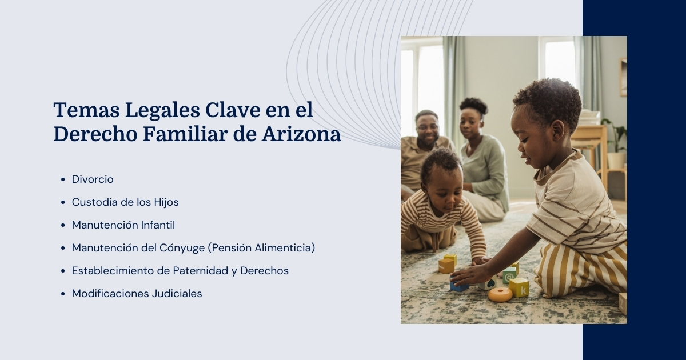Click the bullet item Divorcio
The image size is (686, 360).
coord(93,179)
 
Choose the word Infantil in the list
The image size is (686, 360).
coord(158,225)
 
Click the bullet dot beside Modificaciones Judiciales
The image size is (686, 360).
coord(62,294)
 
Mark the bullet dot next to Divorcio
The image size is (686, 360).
coord(62,180)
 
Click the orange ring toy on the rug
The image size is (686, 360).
coord(500,294)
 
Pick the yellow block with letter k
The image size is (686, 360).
coord(519,287)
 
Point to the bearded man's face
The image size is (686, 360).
coord(426,127)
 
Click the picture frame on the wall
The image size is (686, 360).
coord(623,77)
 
